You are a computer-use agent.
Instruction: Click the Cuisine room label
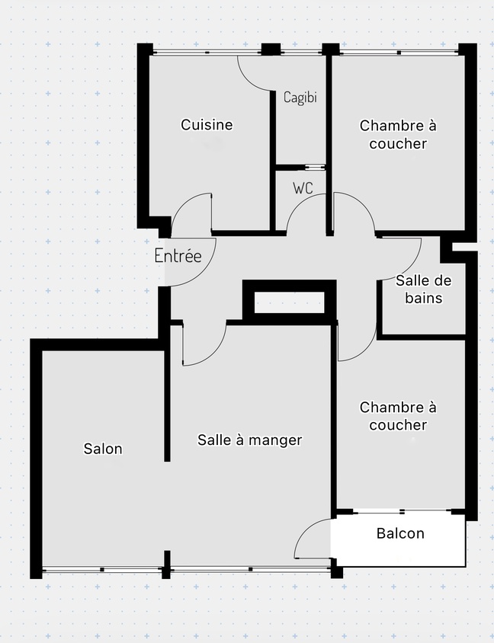207,125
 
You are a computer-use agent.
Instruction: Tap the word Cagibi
300,98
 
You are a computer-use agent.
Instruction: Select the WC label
303,187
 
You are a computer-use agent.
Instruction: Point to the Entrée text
178,255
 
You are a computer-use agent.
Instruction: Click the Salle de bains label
419,289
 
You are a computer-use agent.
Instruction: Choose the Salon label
103,449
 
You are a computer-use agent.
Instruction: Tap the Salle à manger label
250,440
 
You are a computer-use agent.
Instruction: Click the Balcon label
400,533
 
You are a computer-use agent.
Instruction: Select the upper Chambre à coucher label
398,134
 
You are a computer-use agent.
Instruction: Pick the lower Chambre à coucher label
398,416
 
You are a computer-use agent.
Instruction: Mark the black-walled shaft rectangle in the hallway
289,301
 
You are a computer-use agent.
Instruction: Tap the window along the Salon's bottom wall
103,569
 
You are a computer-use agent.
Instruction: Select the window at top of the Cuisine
206,52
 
